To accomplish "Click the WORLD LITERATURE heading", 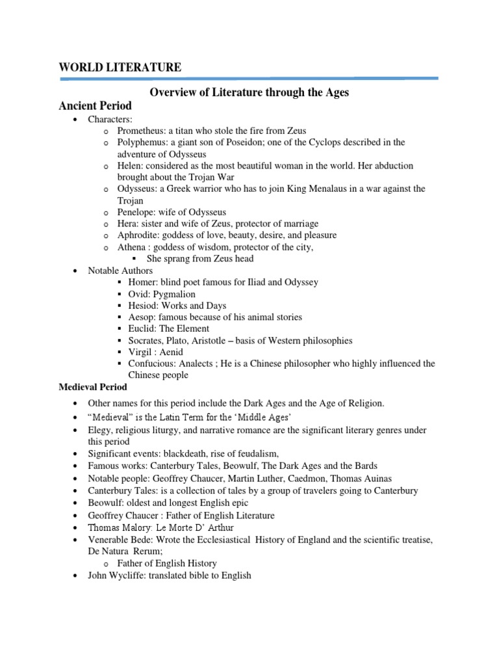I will click(x=120, y=67).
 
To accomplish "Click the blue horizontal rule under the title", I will click(x=249, y=79).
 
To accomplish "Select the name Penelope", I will click(x=136, y=212).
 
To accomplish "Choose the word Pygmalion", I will click(x=173, y=294).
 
